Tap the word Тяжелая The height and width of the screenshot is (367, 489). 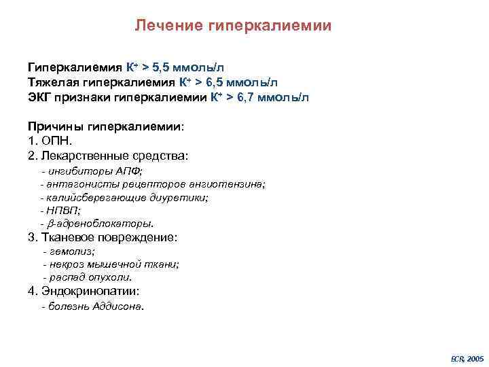[x=50, y=82]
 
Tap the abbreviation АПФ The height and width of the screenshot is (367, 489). [x=127, y=171]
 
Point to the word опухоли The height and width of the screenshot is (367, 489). [x=113, y=277]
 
